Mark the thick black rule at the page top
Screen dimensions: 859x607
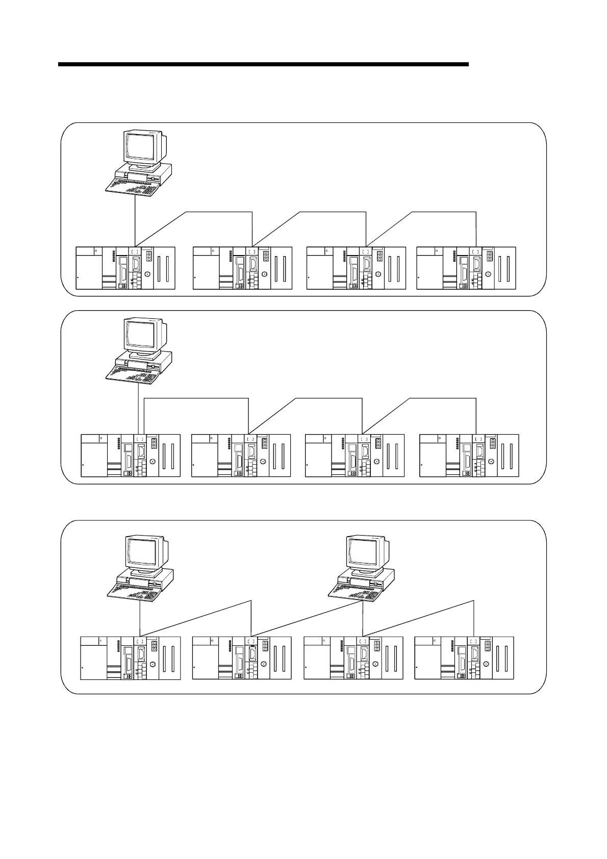(x=263, y=65)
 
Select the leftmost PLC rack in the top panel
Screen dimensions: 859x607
(x=125, y=268)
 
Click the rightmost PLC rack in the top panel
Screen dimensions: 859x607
(x=466, y=268)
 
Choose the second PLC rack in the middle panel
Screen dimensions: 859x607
(x=241, y=456)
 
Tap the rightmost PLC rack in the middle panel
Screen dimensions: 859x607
(x=469, y=456)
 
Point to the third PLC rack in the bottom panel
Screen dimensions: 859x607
(x=353, y=658)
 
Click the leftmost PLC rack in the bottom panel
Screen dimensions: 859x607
(x=131, y=658)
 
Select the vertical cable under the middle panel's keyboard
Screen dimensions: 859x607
(x=139, y=408)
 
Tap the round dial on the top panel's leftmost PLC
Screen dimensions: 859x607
(x=147, y=274)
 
